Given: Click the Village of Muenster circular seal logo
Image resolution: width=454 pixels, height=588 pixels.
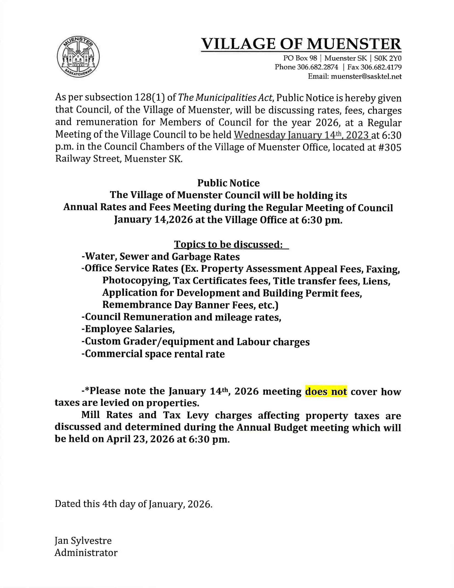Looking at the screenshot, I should [x=78, y=57].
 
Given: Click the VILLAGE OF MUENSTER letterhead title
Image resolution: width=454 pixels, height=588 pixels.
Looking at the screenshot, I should [x=301, y=44].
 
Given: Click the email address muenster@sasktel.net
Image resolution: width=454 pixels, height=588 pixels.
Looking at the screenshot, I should [x=366, y=77].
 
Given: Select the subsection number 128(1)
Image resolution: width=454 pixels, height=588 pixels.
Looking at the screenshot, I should [x=149, y=97].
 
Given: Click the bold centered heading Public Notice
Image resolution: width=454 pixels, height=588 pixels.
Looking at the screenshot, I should [x=228, y=183].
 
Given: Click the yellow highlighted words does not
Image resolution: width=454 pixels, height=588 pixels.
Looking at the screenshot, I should [x=326, y=391].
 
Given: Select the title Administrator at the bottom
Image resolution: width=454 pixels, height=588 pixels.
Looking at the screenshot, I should [x=86, y=545].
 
